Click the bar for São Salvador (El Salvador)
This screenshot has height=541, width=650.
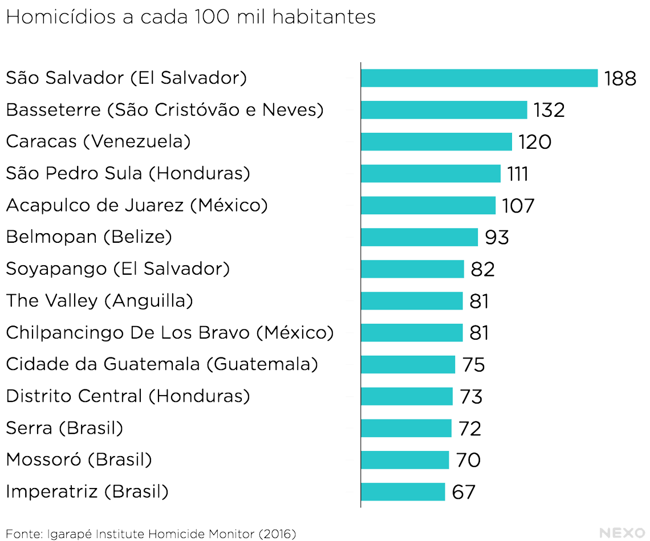[479, 78]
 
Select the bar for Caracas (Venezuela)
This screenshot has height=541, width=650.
[436, 142]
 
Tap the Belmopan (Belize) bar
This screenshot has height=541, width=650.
[419, 237]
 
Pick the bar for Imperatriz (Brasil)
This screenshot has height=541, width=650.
[403, 492]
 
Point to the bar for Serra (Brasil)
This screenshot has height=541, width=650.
[406, 428]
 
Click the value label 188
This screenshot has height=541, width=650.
[620, 79]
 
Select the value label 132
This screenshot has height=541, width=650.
[549, 110]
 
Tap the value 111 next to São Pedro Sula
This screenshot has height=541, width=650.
[518, 174]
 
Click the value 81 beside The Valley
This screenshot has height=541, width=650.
[479, 301]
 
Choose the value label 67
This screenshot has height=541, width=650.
[464, 492]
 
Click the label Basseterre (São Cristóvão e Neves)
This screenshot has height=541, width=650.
[165, 109]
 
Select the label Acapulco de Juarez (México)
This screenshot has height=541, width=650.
[137, 205]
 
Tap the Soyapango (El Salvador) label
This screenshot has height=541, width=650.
[118, 269]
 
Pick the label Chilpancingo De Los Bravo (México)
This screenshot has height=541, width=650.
[170, 332]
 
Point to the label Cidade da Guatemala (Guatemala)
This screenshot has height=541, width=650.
[162, 364]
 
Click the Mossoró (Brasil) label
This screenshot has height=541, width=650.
[79, 459]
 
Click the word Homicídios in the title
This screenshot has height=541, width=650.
[62, 18]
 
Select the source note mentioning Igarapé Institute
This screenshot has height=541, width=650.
[151, 534]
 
